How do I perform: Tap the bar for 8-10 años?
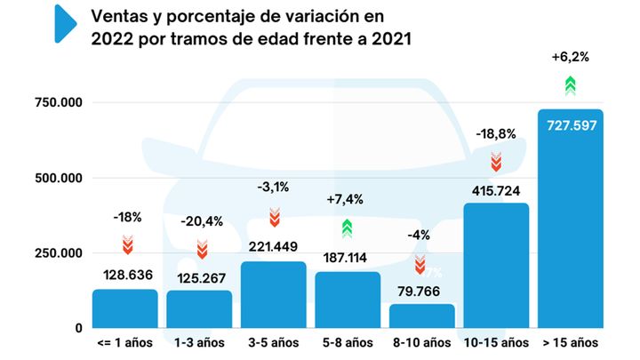click(422, 316)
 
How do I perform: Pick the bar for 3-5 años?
click(274, 294)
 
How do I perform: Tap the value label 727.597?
click(571, 125)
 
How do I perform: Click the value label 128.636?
click(125, 276)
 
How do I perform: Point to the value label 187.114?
click(348, 258)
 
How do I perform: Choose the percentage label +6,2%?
click(571, 57)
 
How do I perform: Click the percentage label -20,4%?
click(201, 221)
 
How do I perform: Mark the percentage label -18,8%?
click(496, 133)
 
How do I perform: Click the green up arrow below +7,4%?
click(348, 228)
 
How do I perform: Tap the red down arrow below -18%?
click(127, 245)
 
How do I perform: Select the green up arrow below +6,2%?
click(571, 85)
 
